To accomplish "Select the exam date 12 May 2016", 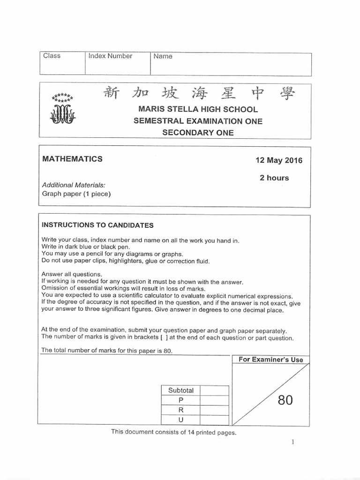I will (279, 160).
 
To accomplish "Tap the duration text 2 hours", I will (274, 178).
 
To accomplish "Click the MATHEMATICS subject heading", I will (73, 159).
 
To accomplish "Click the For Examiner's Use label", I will (271, 360).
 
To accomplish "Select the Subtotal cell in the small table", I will (178, 390).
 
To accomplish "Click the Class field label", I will (52, 56).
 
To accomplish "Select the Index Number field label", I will (111, 56).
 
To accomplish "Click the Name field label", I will (163, 56).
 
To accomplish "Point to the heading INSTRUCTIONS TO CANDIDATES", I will (98, 225).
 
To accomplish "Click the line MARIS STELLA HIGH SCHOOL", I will (198, 109).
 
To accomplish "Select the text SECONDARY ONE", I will (198, 132).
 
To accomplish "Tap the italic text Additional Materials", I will (74, 185).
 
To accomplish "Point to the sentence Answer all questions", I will (72, 274).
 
